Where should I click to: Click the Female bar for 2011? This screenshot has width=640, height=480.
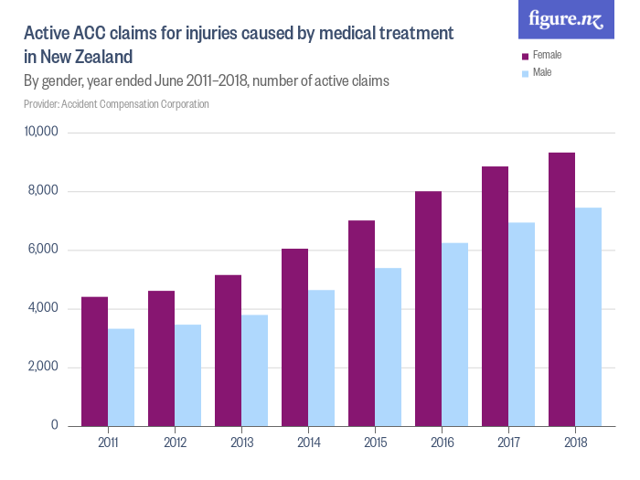95,361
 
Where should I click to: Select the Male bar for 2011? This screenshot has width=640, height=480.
122,377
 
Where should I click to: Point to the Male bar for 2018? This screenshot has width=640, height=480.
588,316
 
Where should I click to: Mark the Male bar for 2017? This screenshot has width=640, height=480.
521,324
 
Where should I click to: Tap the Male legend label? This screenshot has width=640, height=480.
542,72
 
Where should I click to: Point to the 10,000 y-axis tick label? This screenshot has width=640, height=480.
40,133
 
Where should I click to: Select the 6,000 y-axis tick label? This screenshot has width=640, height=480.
43,250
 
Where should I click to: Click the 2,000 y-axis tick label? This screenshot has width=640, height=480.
43,368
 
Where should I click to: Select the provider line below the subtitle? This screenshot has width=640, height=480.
116,104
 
